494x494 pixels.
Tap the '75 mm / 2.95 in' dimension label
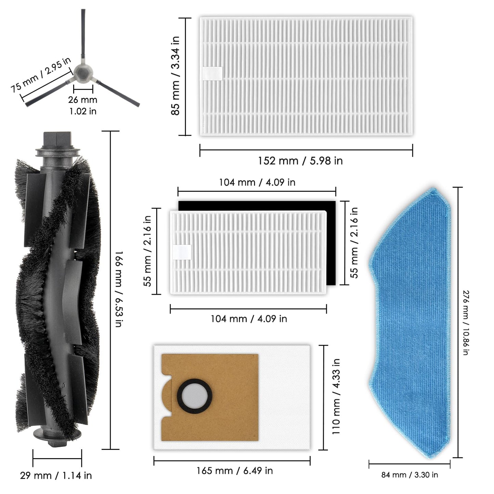[x=41, y=74]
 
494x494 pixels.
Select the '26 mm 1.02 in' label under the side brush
[x=83, y=105]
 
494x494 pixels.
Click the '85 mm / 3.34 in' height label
[x=175, y=76]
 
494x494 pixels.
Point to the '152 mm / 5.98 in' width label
[x=300, y=161]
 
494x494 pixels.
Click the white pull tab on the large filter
[x=213, y=74]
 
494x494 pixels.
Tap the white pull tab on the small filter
[x=182, y=252]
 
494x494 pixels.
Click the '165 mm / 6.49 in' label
[x=235, y=471]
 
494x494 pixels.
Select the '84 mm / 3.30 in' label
[x=410, y=475]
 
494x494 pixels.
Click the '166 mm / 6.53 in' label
[x=118, y=289]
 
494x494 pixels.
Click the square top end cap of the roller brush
[x=57, y=140]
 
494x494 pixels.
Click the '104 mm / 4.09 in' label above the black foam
[x=257, y=182]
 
